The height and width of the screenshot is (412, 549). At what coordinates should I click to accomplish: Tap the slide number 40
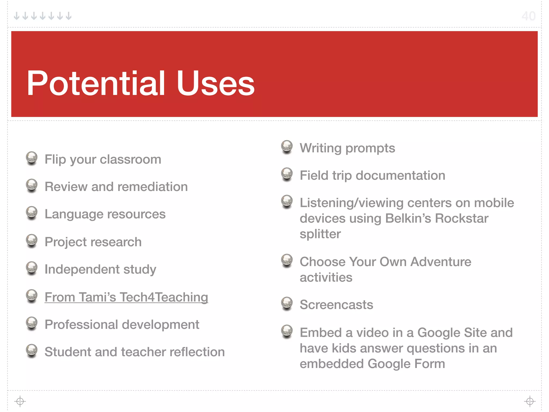click(528, 16)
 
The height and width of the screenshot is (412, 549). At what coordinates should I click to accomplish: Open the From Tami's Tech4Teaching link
click(126, 297)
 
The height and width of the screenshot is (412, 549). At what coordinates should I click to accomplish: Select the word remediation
click(153, 187)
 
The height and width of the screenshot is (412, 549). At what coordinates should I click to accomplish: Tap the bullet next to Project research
click(32, 240)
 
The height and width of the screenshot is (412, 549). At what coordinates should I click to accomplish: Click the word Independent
click(82, 269)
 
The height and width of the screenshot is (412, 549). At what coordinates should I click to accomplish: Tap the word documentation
click(400, 175)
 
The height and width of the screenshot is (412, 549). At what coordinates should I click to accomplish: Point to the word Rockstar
click(461, 218)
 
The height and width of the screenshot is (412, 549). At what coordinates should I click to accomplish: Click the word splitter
click(320, 234)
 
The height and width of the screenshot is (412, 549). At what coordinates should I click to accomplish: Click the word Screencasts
click(336, 305)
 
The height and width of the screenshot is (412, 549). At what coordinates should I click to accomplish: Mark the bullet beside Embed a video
click(287, 331)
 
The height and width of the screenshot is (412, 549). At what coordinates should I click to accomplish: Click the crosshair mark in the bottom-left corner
click(20, 401)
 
